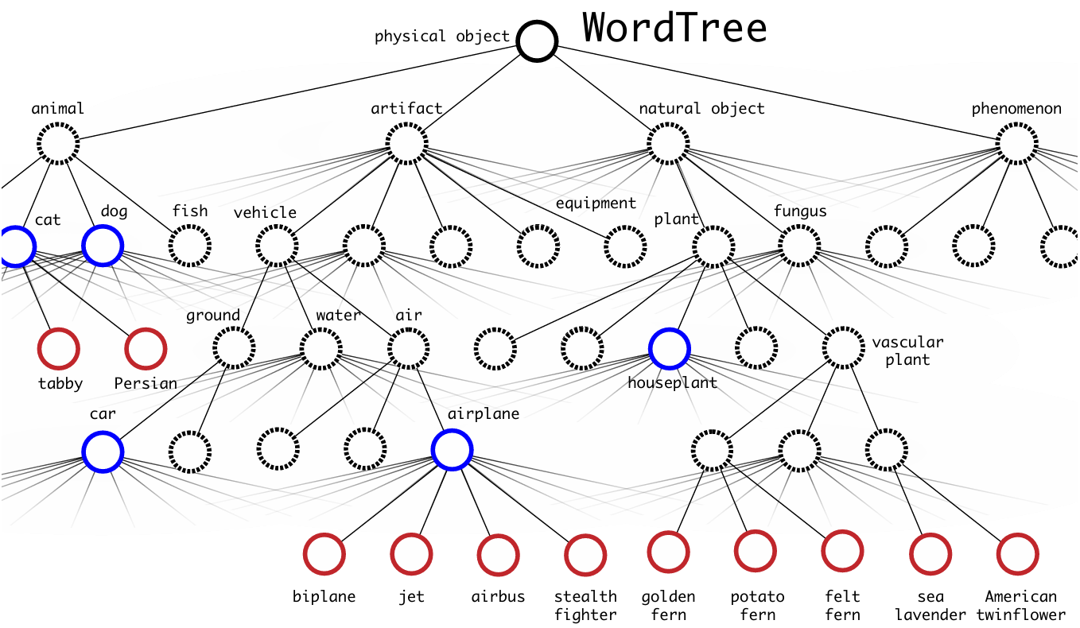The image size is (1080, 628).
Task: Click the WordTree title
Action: coord(674,28)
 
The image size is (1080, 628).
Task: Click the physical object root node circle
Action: coord(537,21)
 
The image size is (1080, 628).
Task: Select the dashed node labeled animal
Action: coord(58,123)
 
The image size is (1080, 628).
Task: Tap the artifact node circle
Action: coord(406,123)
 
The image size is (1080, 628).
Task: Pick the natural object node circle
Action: coord(668,123)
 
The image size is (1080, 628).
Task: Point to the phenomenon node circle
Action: coord(1017,123)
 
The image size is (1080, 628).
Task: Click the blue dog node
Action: coord(103,226)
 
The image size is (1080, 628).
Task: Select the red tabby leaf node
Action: coord(58,329)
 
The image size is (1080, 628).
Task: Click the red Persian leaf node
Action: coord(146,329)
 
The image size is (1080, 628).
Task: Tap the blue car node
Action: coord(103,432)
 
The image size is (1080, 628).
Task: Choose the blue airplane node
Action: coord(452,430)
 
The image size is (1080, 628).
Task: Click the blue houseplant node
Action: coord(669,329)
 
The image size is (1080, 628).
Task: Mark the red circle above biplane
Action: coord(324,534)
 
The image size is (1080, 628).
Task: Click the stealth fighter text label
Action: coord(585,606)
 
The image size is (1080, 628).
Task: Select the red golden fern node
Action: coord(668,532)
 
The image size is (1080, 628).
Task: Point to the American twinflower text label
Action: coord(1020,606)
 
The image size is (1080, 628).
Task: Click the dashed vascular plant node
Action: coord(843,328)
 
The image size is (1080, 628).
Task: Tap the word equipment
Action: coord(596,204)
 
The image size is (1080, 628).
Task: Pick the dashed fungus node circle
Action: coord(799,226)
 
